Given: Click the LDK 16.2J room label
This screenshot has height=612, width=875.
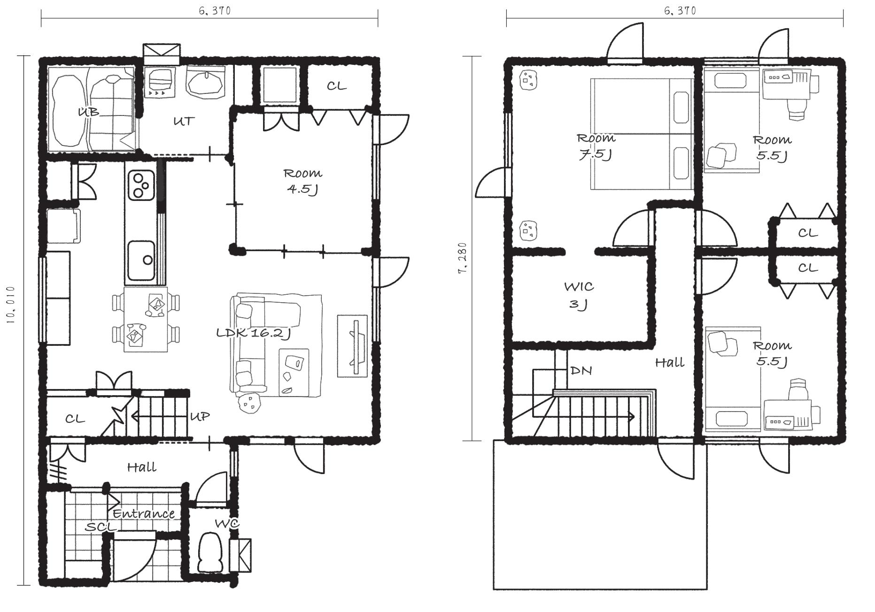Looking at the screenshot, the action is tap(254, 333).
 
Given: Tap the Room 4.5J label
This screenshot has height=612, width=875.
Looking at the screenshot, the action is tap(303, 182).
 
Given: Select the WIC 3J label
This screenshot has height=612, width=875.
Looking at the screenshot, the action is tap(579, 295).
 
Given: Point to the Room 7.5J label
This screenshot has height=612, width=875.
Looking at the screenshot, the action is tap(596, 146).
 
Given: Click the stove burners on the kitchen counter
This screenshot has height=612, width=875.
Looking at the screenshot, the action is tap(140, 185).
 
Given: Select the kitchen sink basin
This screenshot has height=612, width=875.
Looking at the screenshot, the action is tap(141, 260).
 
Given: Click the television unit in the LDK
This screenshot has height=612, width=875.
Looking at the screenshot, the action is tap(353, 345).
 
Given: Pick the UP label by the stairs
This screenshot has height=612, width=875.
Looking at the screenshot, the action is tap(200, 416).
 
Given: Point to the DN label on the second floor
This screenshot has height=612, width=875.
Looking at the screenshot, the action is tap(581, 371).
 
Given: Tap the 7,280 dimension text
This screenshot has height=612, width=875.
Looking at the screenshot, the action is tap(463, 258).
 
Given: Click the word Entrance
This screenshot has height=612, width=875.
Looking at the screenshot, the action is tap(144, 513).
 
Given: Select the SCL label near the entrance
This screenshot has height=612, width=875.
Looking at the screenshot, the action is tap(100, 527).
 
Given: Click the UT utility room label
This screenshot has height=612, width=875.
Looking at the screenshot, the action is tap(184, 121).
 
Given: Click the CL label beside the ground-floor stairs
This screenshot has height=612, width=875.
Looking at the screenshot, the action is tap(75, 419).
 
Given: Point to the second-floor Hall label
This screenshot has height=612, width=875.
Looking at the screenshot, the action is tap(670, 362).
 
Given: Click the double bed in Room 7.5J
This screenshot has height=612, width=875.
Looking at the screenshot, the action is tap(642, 134).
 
